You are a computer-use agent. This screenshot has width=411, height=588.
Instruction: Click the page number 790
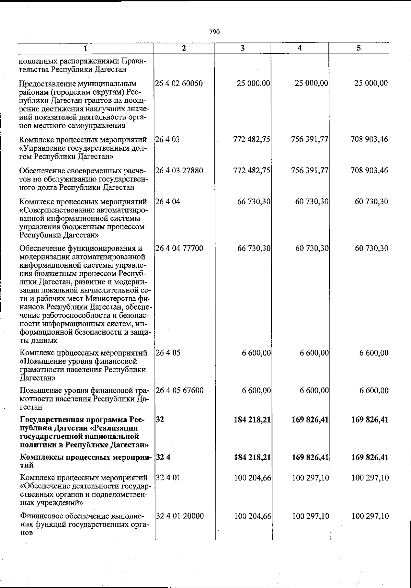point(214,32)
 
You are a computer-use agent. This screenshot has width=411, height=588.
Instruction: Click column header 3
point(242,48)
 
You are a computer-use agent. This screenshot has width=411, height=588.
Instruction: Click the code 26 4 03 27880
point(179,171)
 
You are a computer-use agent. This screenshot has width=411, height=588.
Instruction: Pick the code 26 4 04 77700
point(179,248)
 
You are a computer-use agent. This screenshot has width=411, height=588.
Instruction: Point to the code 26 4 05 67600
point(179,390)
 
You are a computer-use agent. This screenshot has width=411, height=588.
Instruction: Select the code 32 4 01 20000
point(180,516)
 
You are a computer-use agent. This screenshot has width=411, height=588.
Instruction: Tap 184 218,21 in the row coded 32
point(252,420)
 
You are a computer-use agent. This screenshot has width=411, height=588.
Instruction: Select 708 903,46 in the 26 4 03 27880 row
point(369,171)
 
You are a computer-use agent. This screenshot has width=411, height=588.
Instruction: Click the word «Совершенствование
point(56,210)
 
